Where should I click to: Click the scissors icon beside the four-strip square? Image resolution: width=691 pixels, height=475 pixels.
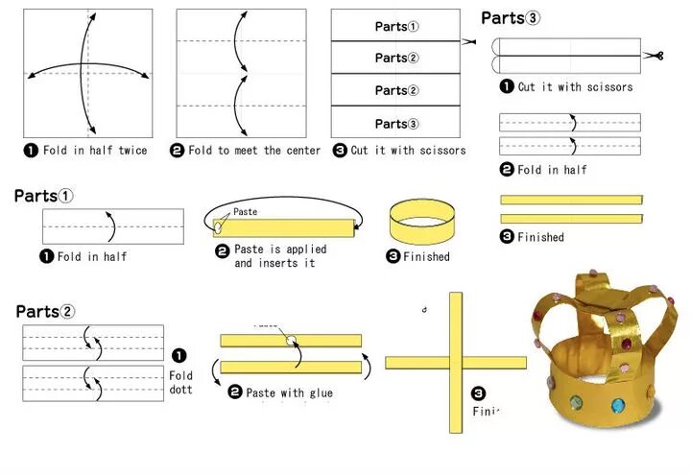click(x=468, y=41)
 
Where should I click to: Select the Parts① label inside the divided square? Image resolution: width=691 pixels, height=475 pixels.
click(x=396, y=27)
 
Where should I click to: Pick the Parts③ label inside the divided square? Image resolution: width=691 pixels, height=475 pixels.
click(x=396, y=123)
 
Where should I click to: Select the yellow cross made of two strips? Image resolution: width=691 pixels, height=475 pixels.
click(x=456, y=362)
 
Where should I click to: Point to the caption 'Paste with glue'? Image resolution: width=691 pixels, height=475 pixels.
click(x=289, y=392)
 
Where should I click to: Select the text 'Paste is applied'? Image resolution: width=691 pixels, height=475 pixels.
click(x=280, y=249)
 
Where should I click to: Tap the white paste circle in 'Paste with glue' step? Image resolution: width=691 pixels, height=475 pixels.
click(x=289, y=340)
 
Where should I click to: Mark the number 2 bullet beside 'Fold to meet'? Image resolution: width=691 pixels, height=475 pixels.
click(x=178, y=151)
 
